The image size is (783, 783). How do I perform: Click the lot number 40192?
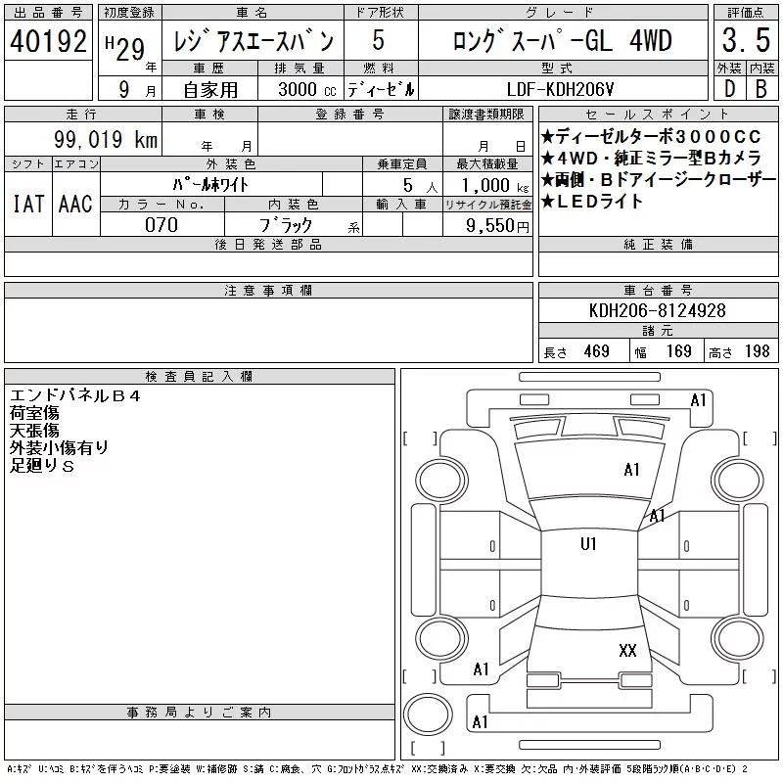pos(48,41)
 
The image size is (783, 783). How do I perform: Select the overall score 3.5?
pos(746,40)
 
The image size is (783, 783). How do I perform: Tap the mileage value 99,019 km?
pos(106,139)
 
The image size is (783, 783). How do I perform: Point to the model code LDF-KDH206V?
pos(560,89)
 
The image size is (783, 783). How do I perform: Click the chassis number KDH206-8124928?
pos(657,310)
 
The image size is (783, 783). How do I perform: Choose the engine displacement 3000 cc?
pos(307,89)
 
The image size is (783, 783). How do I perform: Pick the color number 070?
pos(161,225)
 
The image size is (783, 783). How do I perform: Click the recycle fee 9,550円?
pos(497,226)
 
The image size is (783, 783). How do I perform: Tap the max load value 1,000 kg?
pos(495,185)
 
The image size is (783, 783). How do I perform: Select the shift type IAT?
pos(28,204)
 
